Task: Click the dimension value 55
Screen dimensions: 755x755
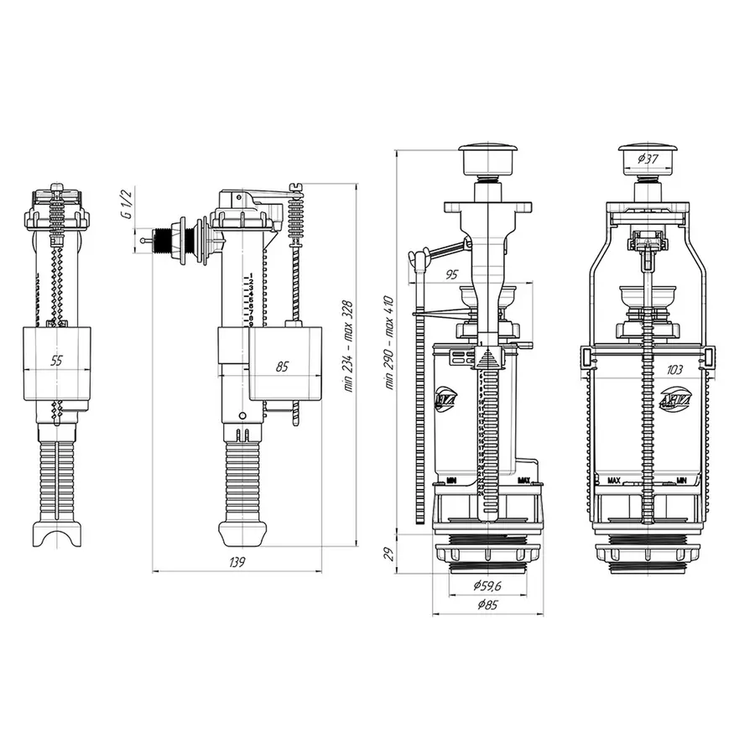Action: pyautogui.click(x=57, y=361)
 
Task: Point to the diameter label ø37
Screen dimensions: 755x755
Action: pyautogui.click(x=647, y=159)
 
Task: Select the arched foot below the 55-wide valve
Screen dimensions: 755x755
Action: pyautogui.click(x=58, y=534)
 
